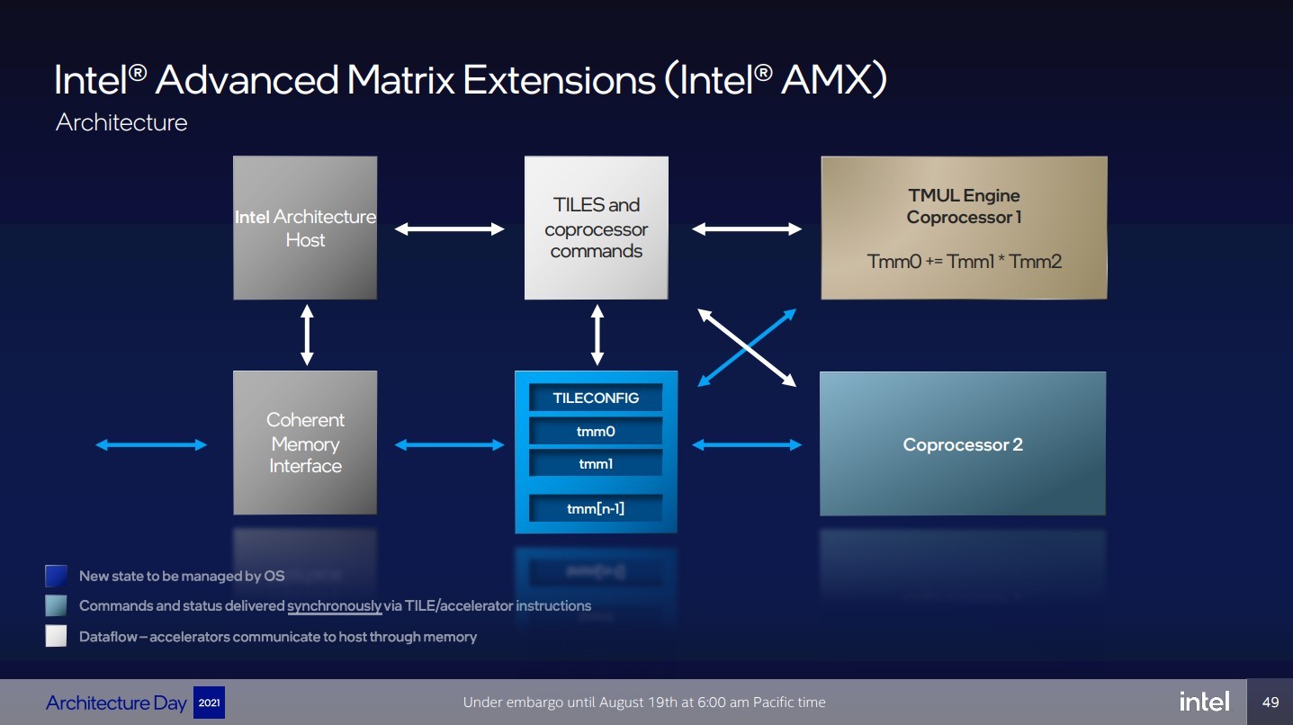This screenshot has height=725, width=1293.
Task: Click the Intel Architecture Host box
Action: (x=305, y=228)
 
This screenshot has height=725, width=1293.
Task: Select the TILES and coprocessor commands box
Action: (x=596, y=228)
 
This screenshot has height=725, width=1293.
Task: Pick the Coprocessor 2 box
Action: (x=963, y=444)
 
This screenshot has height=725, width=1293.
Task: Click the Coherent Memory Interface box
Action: (x=305, y=443)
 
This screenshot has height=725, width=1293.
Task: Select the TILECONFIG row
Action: (x=596, y=398)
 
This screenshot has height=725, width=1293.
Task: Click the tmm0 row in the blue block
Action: (x=596, y=431)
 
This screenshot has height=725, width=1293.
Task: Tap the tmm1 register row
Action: (x=596, y=464)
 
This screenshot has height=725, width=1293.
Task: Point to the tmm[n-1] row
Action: (x=596, y=508)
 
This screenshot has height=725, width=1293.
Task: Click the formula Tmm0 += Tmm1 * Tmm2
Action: (x=964, y=262)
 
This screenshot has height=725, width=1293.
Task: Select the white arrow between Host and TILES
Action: (x=450, y=229)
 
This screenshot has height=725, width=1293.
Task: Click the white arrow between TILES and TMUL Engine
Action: (x=747, y=229)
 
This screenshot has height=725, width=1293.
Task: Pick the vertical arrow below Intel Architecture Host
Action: (x=307, y=335)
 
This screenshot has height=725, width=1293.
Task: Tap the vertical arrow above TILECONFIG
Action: (x=597, y=335)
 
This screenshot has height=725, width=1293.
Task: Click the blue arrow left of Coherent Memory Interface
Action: (x=151, y=444)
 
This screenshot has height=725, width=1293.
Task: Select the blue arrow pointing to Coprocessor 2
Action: (x=747, y=444)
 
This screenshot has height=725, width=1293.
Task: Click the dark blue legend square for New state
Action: (x=56, y=576)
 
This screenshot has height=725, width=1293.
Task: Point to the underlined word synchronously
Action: (x=334, y=605)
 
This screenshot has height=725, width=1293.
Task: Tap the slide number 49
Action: (x=1271, y=702)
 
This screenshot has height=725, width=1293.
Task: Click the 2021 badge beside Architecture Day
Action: (x=209, y=703)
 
